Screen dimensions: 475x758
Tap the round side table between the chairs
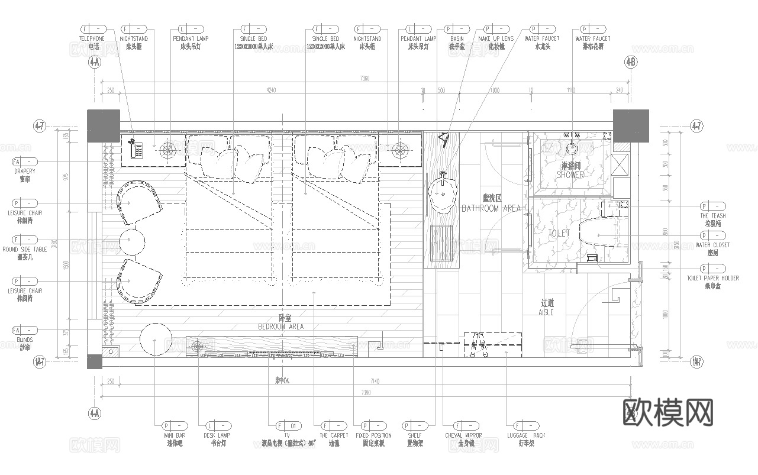[131, 241]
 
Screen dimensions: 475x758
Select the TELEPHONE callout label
[92, 39]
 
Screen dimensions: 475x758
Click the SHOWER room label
[570, 175]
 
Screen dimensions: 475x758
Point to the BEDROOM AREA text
[281, 327]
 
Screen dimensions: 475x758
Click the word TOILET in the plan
[559, 234]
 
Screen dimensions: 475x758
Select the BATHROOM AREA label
[491, 208]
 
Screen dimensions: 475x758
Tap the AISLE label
[546, 312]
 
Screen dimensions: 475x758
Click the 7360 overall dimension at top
[365, 79]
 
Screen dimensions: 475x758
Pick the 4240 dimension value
[270, 91]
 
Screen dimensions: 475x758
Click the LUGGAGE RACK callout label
[527, 435]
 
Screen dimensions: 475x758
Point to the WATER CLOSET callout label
[712, 245]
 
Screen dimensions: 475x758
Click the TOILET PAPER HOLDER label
[712, 278]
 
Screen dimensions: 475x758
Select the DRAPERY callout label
[25, 172]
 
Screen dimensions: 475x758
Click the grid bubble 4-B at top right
[631, 62]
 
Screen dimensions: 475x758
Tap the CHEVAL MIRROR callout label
[463, 435]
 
